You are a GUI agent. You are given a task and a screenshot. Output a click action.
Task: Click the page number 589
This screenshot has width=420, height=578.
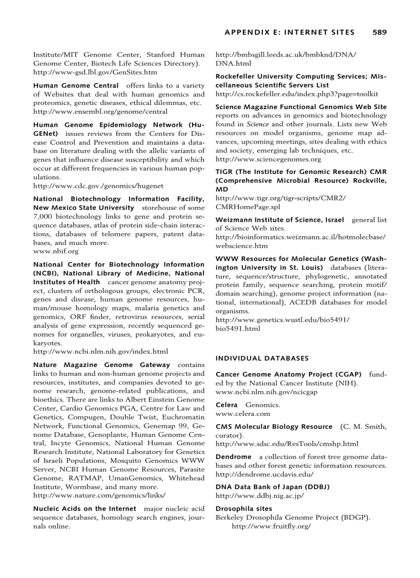379,32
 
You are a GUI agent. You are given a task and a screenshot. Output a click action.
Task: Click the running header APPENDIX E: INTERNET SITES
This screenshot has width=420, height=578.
290,32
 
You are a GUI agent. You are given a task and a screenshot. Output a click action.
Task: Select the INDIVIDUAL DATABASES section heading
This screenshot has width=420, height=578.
262,358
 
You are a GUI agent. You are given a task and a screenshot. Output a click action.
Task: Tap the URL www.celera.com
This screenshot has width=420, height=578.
242,413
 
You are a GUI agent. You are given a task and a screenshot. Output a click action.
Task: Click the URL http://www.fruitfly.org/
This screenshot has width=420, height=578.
271,527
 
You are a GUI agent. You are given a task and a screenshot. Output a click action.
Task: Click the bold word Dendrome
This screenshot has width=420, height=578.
233,457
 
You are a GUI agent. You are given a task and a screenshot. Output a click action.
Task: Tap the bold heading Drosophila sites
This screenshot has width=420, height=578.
243,508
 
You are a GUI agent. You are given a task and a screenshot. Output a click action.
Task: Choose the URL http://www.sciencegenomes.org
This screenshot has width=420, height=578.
268,159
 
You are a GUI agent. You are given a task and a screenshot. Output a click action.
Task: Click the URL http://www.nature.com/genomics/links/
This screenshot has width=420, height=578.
99,495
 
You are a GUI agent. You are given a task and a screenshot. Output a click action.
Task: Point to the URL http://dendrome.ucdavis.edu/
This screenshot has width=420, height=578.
264,474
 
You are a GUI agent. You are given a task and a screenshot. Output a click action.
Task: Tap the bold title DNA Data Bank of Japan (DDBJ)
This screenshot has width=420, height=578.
272,487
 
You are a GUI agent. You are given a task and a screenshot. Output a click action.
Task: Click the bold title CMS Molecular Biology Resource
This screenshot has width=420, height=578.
274,427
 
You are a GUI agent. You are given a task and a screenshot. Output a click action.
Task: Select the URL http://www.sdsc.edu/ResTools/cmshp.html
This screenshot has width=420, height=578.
287,444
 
